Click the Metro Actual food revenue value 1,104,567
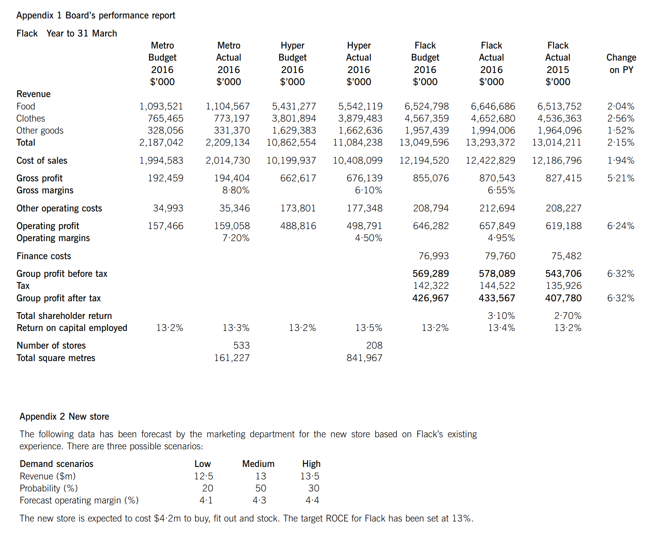click(227, 106)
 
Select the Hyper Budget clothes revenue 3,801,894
click(294, 118)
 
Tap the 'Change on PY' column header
click(621, 63)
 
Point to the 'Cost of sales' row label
click(42, 160)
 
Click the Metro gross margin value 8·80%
click(236, 190)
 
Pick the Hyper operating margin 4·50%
click(368, 238)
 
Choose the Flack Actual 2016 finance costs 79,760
click(500, 256)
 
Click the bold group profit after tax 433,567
click(497, 298)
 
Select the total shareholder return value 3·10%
click(501, 316)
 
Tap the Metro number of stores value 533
click(241, 345)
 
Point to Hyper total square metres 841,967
click(364, 358)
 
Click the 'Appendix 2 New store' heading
click(64, 416)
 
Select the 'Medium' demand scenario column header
click(258, 464)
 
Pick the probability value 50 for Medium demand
click(261, 488)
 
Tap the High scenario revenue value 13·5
click(310, 476)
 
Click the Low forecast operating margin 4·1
click(206, 500)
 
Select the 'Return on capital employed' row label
click(72, 328)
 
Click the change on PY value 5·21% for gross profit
click(621, 178)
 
